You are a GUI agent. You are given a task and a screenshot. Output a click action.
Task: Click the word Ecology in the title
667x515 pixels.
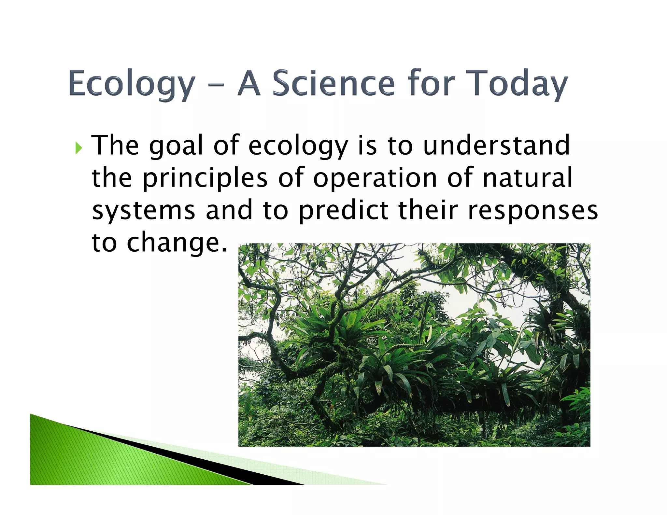tap(132, 84)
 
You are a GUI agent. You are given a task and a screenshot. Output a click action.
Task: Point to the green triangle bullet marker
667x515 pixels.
tap(78, 148)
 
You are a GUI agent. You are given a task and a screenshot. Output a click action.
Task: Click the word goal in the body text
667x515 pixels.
tap(176, 146)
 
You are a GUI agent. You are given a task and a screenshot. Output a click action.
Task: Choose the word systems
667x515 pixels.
tap(144, 211)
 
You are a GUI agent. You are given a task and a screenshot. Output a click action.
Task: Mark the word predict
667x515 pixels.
tap(344, 211)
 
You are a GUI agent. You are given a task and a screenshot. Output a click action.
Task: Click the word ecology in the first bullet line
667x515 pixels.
tap(298, 146)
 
